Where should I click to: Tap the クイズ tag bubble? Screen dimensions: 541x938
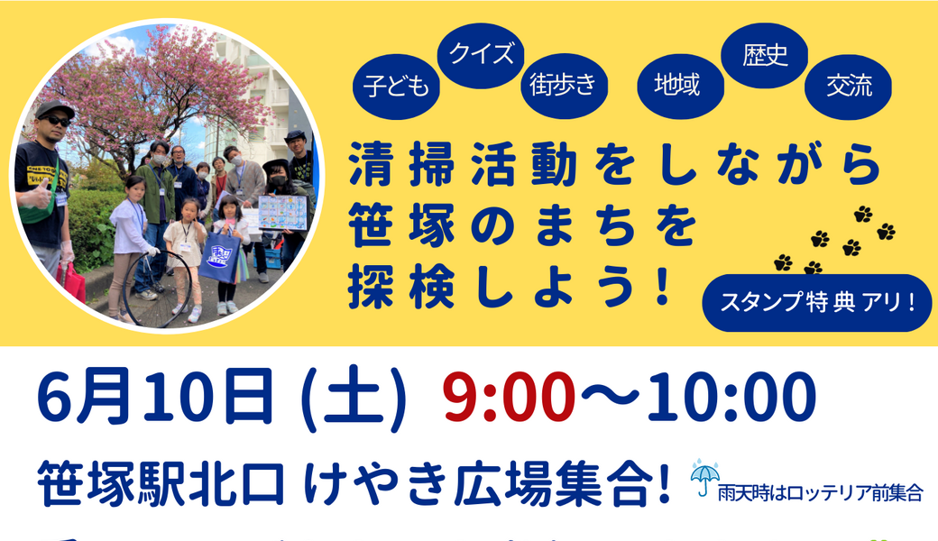click(481, 53)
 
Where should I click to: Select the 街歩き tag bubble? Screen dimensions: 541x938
click(565, 87)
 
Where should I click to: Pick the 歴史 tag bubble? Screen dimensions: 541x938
click(766, 56)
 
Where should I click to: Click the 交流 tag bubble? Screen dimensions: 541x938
click(849, 87)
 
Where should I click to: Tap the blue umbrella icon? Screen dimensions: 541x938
click(704, 476)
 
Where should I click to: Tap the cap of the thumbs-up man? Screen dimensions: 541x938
click(54, 108)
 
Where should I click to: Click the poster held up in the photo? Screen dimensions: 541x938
click(282, 213)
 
